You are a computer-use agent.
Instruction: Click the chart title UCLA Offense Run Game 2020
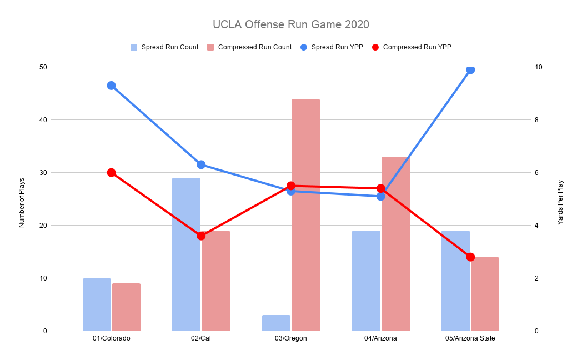click(x=290, y=25)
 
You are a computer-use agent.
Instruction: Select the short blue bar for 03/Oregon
click(x=276, y=323)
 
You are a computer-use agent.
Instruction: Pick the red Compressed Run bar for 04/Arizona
click(x=395, y=244)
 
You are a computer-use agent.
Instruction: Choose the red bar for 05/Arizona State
click(x=485, y=294)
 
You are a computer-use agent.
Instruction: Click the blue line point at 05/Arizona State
click(x=470, y=69)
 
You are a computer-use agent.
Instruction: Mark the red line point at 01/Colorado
click(x=111, y=172)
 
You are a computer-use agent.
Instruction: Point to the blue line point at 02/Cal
click(x=201, y=164)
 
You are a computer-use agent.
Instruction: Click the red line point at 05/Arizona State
click(x=470, y=257)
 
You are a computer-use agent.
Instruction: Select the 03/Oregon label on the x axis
click(x=290, y=338)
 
